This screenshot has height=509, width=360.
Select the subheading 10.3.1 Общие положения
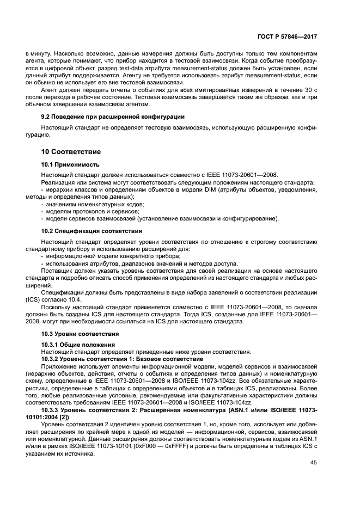[78, 345]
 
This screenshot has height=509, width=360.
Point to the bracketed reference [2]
[70, 416]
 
